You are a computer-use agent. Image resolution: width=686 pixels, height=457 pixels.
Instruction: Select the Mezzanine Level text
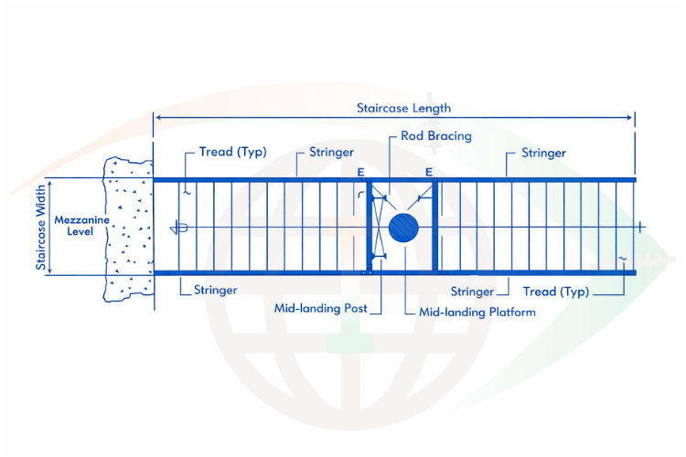tap(75, 226)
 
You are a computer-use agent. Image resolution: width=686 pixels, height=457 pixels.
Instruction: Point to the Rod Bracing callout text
tap(436, 136)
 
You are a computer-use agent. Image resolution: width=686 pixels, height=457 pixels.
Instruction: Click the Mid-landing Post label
tap(321, 308)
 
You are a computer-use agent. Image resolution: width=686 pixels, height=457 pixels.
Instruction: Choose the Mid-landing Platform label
tap(477, 312)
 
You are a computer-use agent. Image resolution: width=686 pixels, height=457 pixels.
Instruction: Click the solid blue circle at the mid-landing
tap(403, 227)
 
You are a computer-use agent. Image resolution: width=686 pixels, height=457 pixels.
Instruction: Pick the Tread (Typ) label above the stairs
tap(232, 152)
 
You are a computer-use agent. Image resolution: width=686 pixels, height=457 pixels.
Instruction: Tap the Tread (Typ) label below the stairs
tap(556, 292)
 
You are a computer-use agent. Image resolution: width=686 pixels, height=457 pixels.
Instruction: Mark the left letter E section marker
tap(362, 171)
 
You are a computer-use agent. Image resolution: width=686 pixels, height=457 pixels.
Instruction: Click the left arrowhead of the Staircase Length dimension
tap(157, 118)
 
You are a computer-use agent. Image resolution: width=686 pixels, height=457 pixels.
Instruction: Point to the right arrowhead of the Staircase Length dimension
tap(631, 118)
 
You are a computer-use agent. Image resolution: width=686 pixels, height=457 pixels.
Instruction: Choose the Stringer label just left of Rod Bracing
tap(331, 152)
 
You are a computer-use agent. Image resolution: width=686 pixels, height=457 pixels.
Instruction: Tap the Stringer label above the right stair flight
tap(543, 153)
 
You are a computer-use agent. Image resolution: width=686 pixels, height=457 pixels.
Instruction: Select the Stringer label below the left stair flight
tap(216, 290)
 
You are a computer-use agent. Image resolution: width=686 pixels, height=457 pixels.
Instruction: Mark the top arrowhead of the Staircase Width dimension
tap(51, 181)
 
